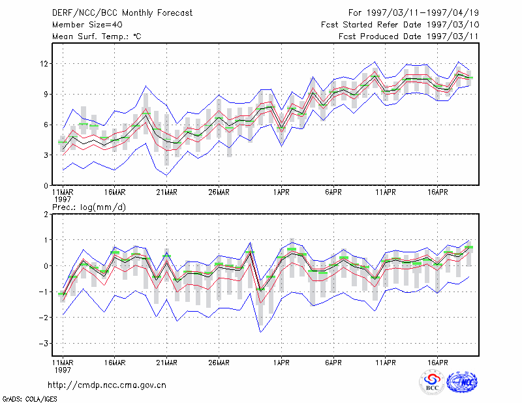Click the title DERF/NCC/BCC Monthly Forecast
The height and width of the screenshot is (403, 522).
coord(122,13)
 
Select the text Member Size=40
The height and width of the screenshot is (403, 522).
coord(87,25)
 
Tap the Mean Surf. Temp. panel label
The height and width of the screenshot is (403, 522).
coord(97,37)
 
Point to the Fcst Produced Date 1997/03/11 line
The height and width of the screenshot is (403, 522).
coord(408,37)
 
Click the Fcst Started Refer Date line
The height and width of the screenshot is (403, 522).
coord(400,25)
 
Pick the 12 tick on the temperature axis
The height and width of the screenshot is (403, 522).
coord(44,63)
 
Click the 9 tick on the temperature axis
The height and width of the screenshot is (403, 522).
coord(46,94)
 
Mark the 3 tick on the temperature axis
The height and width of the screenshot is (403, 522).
coord(46,155)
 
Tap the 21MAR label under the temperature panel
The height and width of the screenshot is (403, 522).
coord(167,192)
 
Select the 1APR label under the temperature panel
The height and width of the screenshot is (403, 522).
coord(281,192)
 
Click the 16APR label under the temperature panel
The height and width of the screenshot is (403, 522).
coord(437,192)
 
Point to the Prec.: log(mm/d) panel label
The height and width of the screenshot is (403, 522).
coord(89,207)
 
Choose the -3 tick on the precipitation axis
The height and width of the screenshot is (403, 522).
coord(44,343)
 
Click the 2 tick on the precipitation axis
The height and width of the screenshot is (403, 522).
coord(46,214)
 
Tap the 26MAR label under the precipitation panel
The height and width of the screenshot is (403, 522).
coord(219,363)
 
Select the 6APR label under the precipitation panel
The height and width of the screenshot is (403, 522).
coord(333,363)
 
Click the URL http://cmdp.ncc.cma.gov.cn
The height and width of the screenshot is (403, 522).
coord(107,385)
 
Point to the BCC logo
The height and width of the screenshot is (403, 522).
coord(432,382)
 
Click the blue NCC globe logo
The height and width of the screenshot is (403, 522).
coord(462,381)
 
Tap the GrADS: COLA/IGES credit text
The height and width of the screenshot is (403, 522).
coord(29,399)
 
